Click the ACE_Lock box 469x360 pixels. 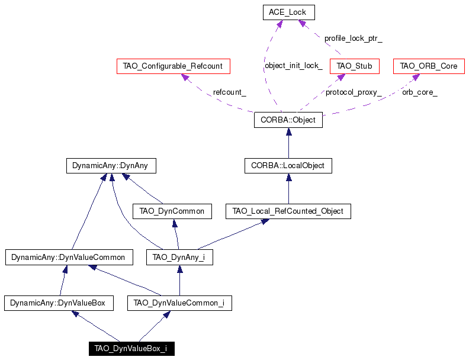click(288, 12)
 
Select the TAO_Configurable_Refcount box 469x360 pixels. click(173, 66)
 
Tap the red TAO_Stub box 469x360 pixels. click(355, 66)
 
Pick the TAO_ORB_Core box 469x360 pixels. click(429, 66)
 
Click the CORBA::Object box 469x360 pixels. click(288, 120)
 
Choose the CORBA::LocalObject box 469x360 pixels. click(288, 166)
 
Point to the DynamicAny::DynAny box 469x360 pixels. click(111, 166)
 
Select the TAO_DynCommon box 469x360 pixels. click(172, 211)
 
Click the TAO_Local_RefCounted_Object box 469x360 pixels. click(288, 211)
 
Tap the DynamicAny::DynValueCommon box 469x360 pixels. click(69, 257)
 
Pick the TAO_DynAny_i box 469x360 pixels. click(179, 257)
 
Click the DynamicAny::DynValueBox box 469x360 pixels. click(59, 303)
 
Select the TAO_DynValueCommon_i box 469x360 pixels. click(179, 303)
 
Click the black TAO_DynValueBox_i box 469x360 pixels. click(131, 349)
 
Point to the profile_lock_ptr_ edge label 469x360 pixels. click(354, 38)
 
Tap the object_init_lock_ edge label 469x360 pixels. click(294, 66)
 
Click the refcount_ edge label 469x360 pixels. click(229, 92)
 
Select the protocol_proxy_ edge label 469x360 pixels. click(354, 92)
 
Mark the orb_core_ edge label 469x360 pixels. click(420, 92)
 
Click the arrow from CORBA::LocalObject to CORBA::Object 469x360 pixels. click(288, 143)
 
